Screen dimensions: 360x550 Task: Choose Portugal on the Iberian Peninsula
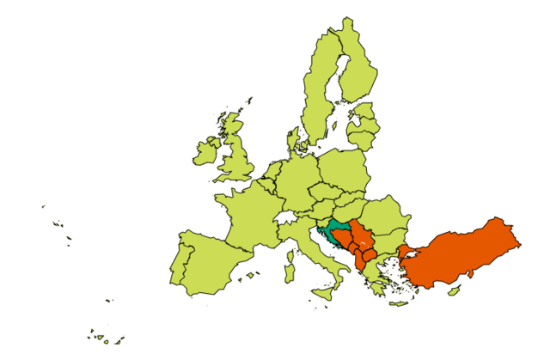pos(181,262)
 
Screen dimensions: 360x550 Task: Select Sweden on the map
pos(318,95)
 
